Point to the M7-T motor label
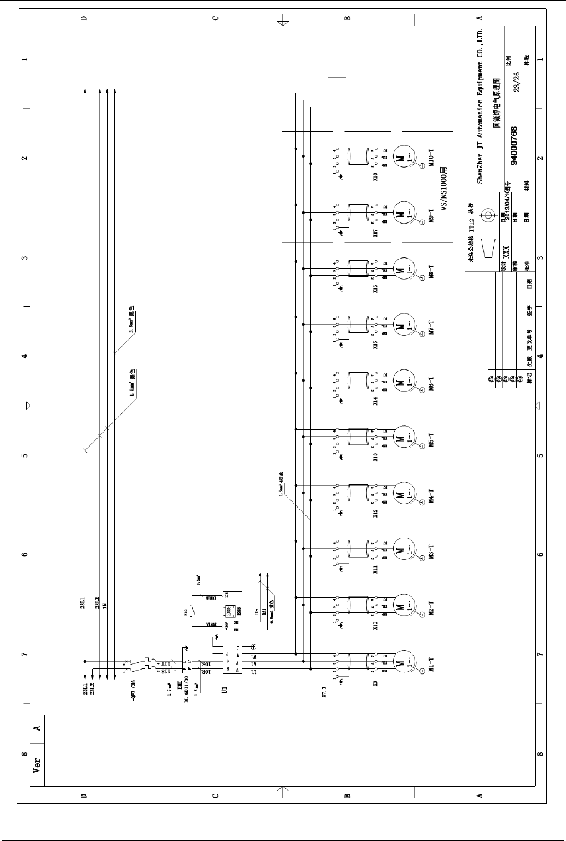click(430, 327)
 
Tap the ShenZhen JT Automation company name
click(480, 105)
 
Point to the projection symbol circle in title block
click(488, 215)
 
